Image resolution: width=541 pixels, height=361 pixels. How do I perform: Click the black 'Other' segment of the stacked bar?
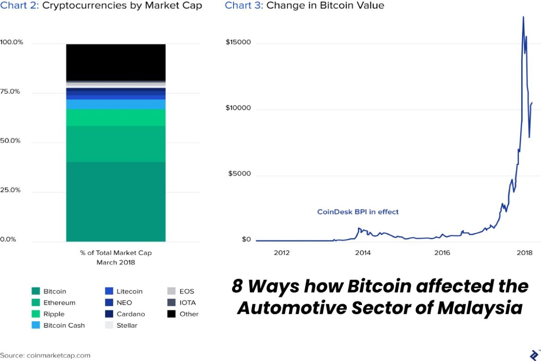click(116, 62)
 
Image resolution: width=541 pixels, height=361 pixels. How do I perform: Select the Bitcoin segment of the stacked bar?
click(116, 201)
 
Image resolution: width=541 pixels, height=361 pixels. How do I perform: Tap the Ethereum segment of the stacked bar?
click(116, 143)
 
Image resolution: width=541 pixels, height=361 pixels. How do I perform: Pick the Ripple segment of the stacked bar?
click(116, 118)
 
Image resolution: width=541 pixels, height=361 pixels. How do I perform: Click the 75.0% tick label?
click(10, 92)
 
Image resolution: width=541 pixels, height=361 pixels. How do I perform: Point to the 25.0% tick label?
click(10, 190)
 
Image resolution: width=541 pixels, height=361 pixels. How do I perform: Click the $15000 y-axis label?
click(238, 43)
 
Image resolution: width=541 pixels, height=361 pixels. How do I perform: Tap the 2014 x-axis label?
click(363, 253)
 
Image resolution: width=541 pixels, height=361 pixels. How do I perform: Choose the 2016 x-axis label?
click(442, 253)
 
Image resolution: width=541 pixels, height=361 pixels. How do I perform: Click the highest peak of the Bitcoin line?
click(523, 17)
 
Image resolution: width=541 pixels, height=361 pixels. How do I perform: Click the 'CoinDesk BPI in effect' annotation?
click(357, 212)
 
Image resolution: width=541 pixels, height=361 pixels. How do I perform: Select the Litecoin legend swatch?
click(109, 292)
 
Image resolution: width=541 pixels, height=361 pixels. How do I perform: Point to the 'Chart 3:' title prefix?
click(244, 6)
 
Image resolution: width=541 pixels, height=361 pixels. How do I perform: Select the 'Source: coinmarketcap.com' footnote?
click(45, 355)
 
